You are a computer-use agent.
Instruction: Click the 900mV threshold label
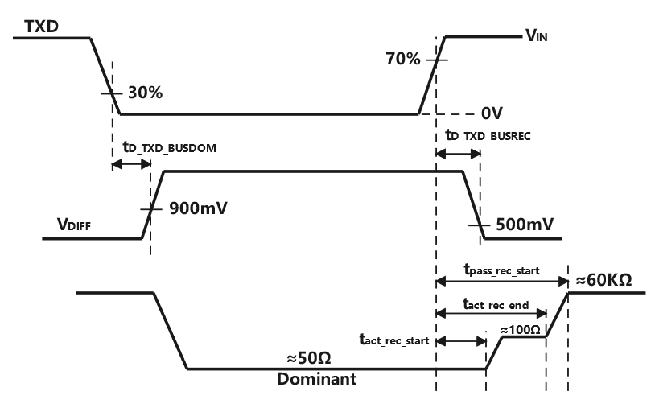[x=198, y=208]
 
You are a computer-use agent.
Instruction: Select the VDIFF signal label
[x=68, y=227]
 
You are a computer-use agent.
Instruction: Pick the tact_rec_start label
[x=393, y=340]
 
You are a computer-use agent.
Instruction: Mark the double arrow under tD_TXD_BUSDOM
[x=130, y=164]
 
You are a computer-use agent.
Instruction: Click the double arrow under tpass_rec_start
[x=501, y=281]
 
